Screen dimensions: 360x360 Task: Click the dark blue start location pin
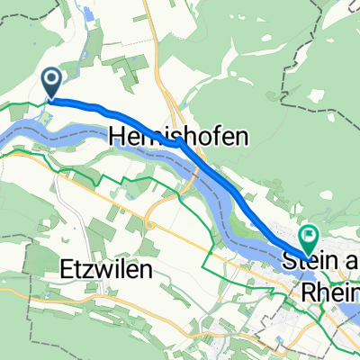(52, 83)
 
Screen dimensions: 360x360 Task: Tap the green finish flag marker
(310, 238)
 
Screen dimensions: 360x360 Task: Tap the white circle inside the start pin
(52, 81)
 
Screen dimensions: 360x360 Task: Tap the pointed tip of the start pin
(52, 98)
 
